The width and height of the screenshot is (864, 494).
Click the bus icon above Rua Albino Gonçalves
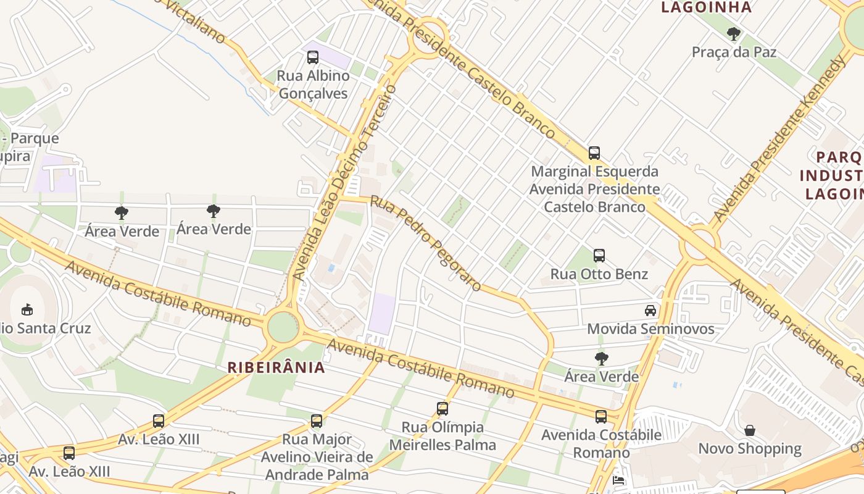click(x=313, y=57)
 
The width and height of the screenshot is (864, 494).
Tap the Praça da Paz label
click(x=734, y=52)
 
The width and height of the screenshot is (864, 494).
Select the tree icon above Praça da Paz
click(x=734, y=33)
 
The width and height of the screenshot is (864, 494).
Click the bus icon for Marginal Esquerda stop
click(x=594, y=153)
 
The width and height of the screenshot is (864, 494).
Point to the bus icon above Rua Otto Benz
click(x=599, y=255)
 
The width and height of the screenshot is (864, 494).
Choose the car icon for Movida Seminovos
click(x=650, y=310)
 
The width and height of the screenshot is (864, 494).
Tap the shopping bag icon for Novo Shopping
click(x=750, y=430)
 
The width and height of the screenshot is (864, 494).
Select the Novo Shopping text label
click(x=750, y=448)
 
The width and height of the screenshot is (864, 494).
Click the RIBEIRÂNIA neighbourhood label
click(x=276, y=367)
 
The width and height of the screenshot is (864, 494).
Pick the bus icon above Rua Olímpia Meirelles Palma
click(x=442, y=408)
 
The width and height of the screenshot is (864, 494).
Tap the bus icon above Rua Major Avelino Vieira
click(x=317, y=421)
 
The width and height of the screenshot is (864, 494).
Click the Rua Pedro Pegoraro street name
click(x=426, y=243)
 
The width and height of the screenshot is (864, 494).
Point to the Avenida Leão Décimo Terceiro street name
click(x=343, y=182)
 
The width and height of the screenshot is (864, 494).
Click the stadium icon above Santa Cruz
click(x=27, y=309)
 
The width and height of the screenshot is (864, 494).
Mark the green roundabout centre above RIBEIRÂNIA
click(x=283, y=327)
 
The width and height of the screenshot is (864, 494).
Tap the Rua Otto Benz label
click(x=599, y=274)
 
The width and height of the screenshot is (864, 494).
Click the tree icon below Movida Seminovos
click(x=602, y=358)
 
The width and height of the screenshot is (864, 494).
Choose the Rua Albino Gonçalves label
click(x=313, y=85)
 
